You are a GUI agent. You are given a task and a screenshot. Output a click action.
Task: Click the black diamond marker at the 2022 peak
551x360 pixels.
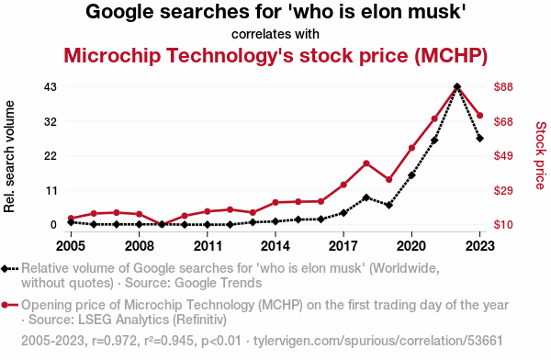(456, 86)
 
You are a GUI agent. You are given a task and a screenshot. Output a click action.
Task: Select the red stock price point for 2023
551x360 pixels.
(479, 116)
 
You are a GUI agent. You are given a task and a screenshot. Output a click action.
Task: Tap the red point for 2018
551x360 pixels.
(366, 163)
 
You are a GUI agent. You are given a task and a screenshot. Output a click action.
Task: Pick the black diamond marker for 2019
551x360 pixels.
(388, 205)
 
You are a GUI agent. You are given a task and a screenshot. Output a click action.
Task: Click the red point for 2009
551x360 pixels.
(162, 225)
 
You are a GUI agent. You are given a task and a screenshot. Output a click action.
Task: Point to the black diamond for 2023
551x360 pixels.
(479, 139)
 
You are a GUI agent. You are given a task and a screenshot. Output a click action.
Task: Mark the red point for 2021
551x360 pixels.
(434, 118)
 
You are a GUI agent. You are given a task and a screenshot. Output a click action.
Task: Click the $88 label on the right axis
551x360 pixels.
(503, 86)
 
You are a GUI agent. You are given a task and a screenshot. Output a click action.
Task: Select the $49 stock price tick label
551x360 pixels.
(503, 155)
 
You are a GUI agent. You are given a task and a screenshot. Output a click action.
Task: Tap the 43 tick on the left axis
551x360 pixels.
(51, 86)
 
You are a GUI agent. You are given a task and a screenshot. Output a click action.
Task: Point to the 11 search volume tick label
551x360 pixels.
(51, 190)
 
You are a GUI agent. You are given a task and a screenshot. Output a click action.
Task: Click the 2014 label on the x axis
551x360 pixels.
(275, 246)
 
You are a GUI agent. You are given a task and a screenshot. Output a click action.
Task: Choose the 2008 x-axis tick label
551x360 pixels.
(140, 246)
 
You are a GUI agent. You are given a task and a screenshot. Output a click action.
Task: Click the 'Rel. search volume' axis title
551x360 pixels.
(9, 156)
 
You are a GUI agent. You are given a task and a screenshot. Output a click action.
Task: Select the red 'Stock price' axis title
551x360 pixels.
(541, 155)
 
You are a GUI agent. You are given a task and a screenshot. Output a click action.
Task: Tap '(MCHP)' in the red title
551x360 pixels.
(451, 55)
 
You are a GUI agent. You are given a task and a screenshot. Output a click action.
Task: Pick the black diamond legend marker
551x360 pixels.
(5, 269)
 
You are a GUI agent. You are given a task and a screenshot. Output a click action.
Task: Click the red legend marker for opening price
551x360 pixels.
(5, 305)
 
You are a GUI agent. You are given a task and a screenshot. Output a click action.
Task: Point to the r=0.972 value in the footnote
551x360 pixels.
(114, 341)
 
